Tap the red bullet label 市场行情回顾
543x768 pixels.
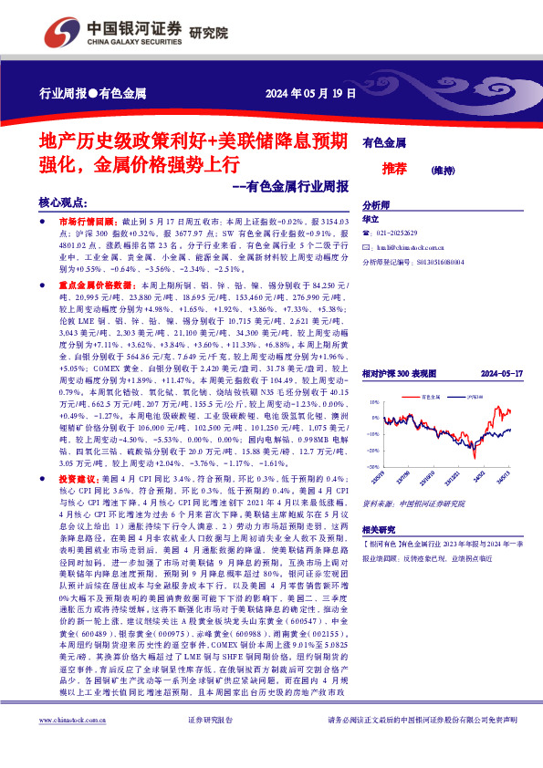87,222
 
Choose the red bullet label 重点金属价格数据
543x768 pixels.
94,286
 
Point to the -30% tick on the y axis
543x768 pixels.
373,466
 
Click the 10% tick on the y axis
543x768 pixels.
373,401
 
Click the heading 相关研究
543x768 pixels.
379,529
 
